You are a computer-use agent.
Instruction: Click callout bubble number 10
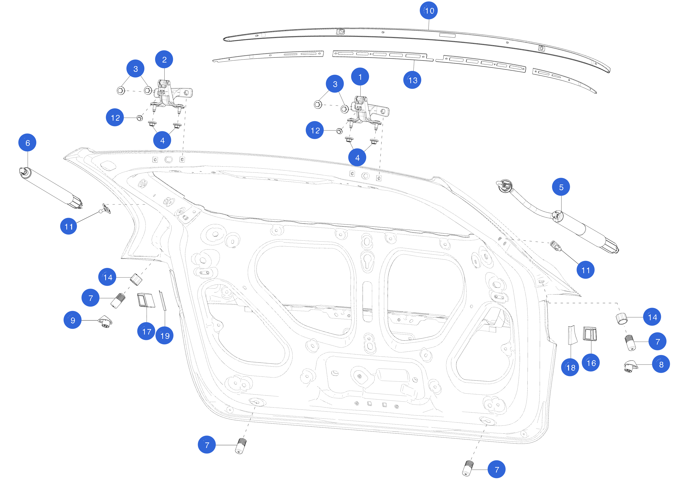coord(428,11)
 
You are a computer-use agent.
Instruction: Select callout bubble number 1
coord(360,77)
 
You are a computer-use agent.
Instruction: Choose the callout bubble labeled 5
coord(561,187)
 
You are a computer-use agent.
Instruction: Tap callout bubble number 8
coord(661,364)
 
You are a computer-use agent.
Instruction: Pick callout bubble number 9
coord(73,320)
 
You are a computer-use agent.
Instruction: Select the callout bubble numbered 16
coord(591,363)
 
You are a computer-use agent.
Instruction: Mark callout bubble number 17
coord(146,331)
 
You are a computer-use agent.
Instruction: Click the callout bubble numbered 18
coord(570,367)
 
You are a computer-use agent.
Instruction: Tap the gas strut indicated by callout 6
coord(50,187)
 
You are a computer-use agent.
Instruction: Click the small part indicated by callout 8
coord(630,366)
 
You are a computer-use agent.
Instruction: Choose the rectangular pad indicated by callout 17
coord(146,300)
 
